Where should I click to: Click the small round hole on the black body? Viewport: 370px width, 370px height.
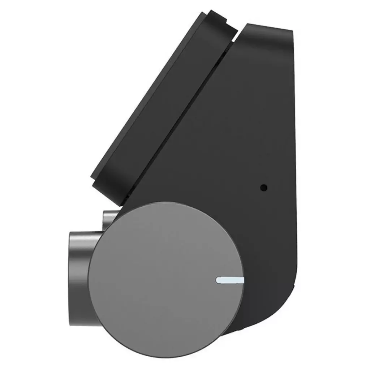tap(264, 188)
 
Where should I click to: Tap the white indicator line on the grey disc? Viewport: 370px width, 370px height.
tap(230, 280)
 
